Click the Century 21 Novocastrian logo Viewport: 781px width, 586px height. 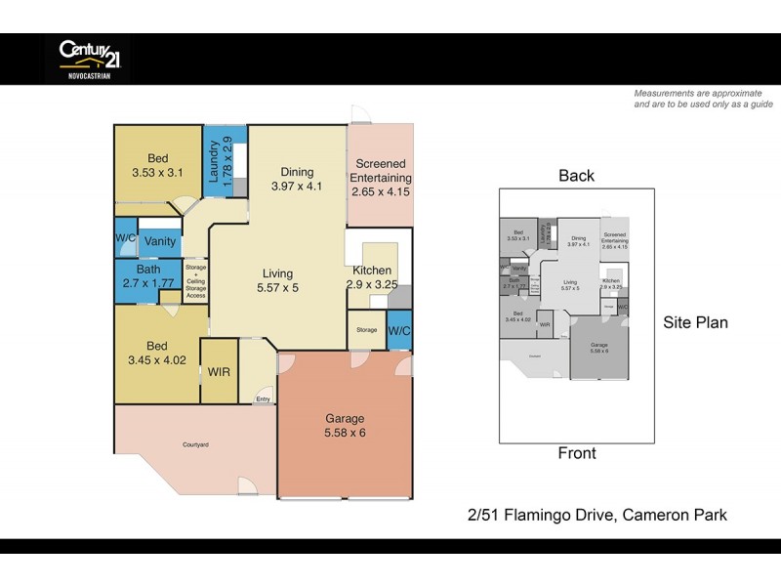point(88,59)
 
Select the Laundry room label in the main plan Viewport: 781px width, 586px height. point(220,160)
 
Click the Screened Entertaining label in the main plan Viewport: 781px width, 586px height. point(381,178)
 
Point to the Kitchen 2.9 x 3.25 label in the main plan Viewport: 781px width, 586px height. point(372,277)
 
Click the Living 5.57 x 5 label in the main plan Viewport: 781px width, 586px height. point(278,280)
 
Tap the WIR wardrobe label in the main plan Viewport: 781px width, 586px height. point(219,372)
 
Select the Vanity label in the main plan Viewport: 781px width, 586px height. point(158,241)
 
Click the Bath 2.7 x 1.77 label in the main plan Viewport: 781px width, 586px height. point(148,276)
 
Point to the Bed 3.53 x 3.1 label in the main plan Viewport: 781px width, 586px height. point(157,166)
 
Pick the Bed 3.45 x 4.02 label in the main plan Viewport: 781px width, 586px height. point(157,354)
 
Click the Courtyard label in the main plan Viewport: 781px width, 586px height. point(195,445)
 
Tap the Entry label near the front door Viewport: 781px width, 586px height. point(263,398)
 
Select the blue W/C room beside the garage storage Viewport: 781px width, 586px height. point(399,330)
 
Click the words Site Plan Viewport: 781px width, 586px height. point(695,322)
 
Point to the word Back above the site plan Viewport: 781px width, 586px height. point(576,176)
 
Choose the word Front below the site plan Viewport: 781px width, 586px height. point(576,453)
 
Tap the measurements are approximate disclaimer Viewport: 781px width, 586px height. point(703,99)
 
